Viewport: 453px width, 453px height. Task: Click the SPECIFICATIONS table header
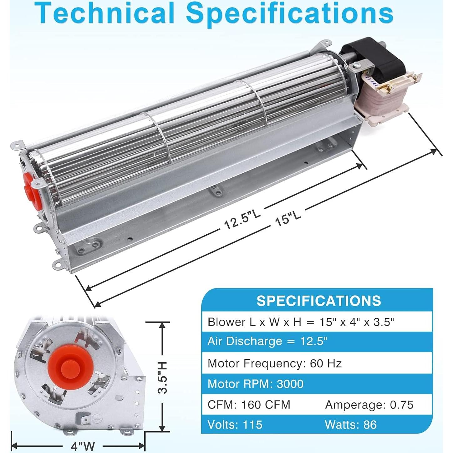point(318,301)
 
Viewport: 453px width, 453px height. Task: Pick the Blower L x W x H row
point(300,322)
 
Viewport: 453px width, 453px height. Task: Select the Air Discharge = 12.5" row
point(267,341)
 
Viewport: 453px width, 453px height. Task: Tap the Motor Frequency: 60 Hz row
point(274,364)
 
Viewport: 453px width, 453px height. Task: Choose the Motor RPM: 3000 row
point(255,384)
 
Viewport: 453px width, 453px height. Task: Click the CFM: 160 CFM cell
point(249,405)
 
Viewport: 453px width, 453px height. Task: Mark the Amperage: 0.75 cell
point(369,405)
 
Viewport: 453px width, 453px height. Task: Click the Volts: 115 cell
point(235,425)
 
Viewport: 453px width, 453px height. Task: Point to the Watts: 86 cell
point(350,425)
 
